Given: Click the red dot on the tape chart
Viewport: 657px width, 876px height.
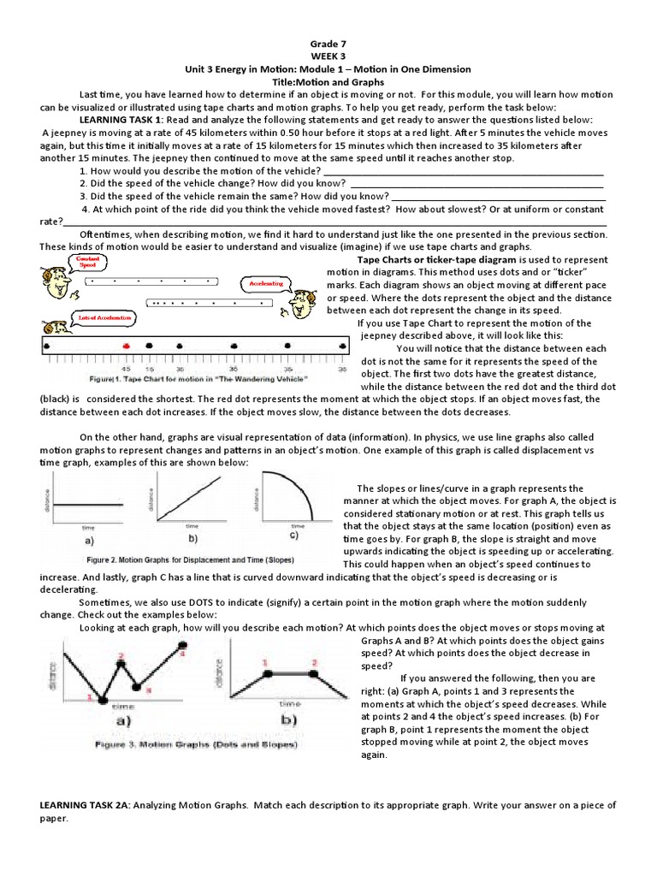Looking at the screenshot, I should (126, 345).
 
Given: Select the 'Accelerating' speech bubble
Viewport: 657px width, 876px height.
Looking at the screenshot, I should (266, 283).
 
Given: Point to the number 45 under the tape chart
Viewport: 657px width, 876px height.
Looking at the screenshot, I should (126, 370).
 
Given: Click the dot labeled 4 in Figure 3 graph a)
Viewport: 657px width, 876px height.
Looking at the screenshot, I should (181, 645).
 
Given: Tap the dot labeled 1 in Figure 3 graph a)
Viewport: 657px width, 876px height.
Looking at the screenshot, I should (103, 701).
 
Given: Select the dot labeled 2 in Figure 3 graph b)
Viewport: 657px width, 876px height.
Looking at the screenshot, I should (316, 674).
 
